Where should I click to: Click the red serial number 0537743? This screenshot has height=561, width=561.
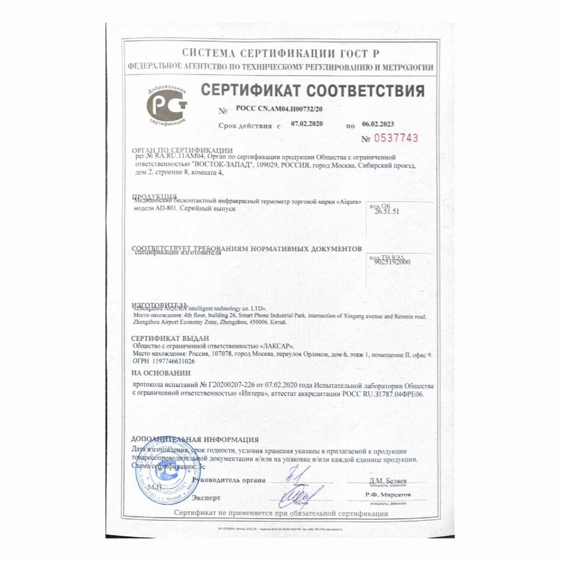point(396,138)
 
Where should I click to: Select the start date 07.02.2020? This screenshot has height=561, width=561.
point(307,124)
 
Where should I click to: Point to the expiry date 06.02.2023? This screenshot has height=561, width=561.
point(378,124)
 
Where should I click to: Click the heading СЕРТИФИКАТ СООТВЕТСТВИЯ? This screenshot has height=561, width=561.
point(313,91)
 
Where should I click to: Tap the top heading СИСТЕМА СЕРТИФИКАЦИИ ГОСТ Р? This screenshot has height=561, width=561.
point(281,53)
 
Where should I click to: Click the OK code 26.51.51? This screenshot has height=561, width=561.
point(387,211)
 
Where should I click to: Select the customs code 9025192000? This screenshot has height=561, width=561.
point(392,262)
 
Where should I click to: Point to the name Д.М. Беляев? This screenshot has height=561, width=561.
point(387,481)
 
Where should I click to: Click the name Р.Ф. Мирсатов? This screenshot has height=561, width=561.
point(388,495)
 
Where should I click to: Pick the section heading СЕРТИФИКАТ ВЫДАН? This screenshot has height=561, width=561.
point(170,338)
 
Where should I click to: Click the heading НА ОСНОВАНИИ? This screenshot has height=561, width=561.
point(161,373)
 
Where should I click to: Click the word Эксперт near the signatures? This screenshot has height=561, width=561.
point(206,498)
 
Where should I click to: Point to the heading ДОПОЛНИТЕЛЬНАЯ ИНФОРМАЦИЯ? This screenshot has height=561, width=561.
point(195,440)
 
